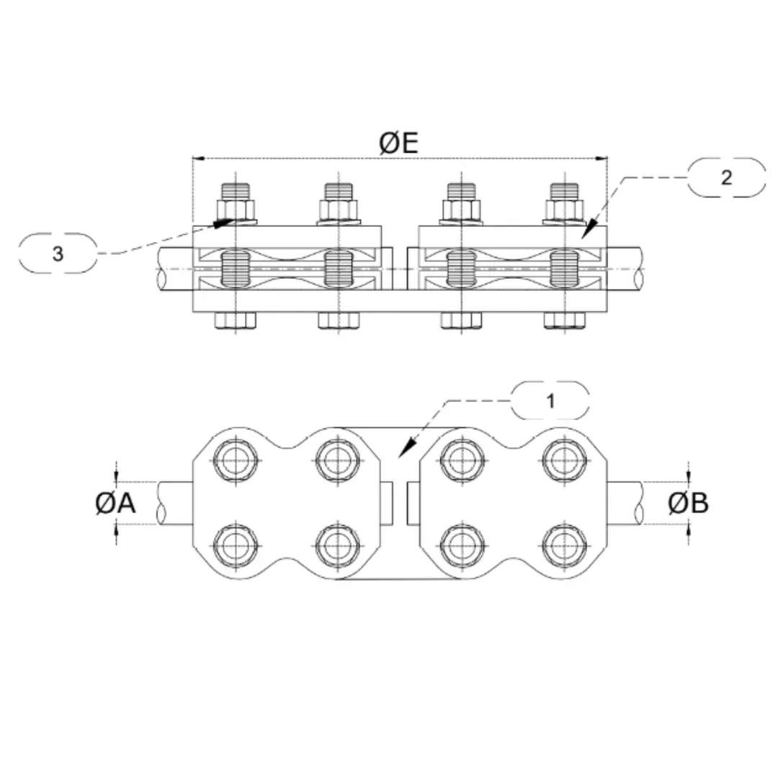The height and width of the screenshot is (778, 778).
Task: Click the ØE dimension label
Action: click(x=398, y=143)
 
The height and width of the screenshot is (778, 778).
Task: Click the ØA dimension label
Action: click(x=115, y=504)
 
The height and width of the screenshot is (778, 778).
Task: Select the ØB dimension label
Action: click(x=688, y=504)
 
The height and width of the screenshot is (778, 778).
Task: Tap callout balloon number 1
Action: click(x=550, y=401)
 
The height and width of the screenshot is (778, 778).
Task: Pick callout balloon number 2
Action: click(x=726, y=177)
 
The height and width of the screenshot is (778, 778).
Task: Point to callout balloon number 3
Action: click(x=58, y=253)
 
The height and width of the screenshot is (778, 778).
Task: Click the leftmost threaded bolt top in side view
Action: click(x=235, y=192)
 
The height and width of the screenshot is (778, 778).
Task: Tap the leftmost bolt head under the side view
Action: click(x=235, y=321)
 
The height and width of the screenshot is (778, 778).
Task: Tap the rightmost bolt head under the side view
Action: click(x=564, y=321)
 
